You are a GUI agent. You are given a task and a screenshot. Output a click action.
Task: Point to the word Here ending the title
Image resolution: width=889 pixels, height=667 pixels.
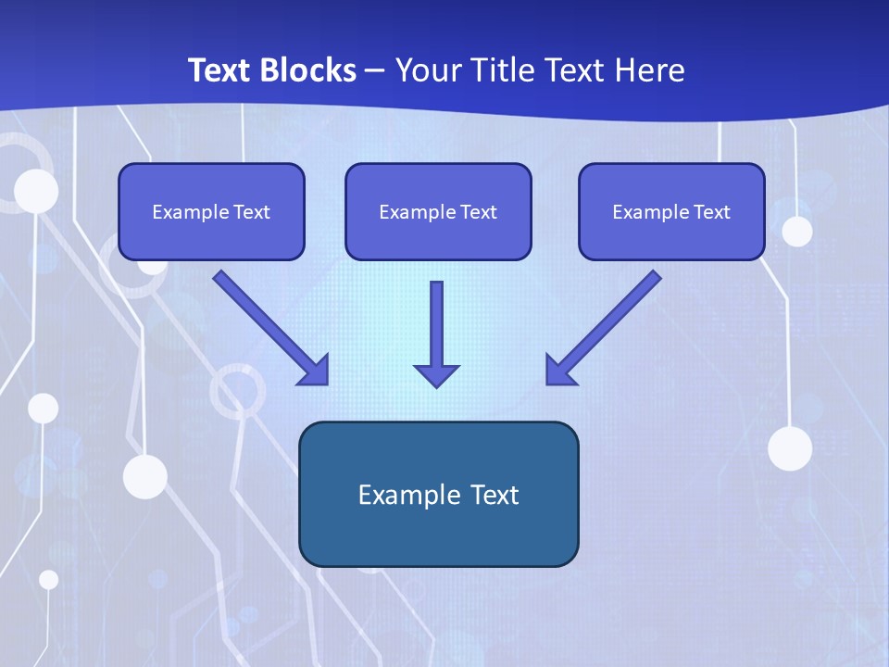(x=651, y=70)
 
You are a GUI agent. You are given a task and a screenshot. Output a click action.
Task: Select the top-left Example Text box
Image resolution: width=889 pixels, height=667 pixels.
(x=211, y=211)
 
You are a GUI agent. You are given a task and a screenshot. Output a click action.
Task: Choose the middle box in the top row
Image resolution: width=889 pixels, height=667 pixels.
(x=438, y=211)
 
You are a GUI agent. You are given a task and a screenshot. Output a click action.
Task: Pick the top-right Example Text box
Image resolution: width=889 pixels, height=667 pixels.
(x=671, y=211)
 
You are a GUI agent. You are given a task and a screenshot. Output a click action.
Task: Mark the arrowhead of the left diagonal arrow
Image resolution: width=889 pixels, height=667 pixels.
(x=315, y=371)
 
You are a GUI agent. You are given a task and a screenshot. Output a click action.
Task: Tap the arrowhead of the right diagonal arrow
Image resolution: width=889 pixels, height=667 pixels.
(x=560, y=371)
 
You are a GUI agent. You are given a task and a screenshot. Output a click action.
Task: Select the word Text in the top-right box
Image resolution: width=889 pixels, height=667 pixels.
(x=711, y=212)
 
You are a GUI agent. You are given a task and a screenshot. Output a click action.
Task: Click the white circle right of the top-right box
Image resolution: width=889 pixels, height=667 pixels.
(x=797, y=232)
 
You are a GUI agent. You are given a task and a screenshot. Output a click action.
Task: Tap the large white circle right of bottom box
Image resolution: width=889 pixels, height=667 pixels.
(x=790, y=448)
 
